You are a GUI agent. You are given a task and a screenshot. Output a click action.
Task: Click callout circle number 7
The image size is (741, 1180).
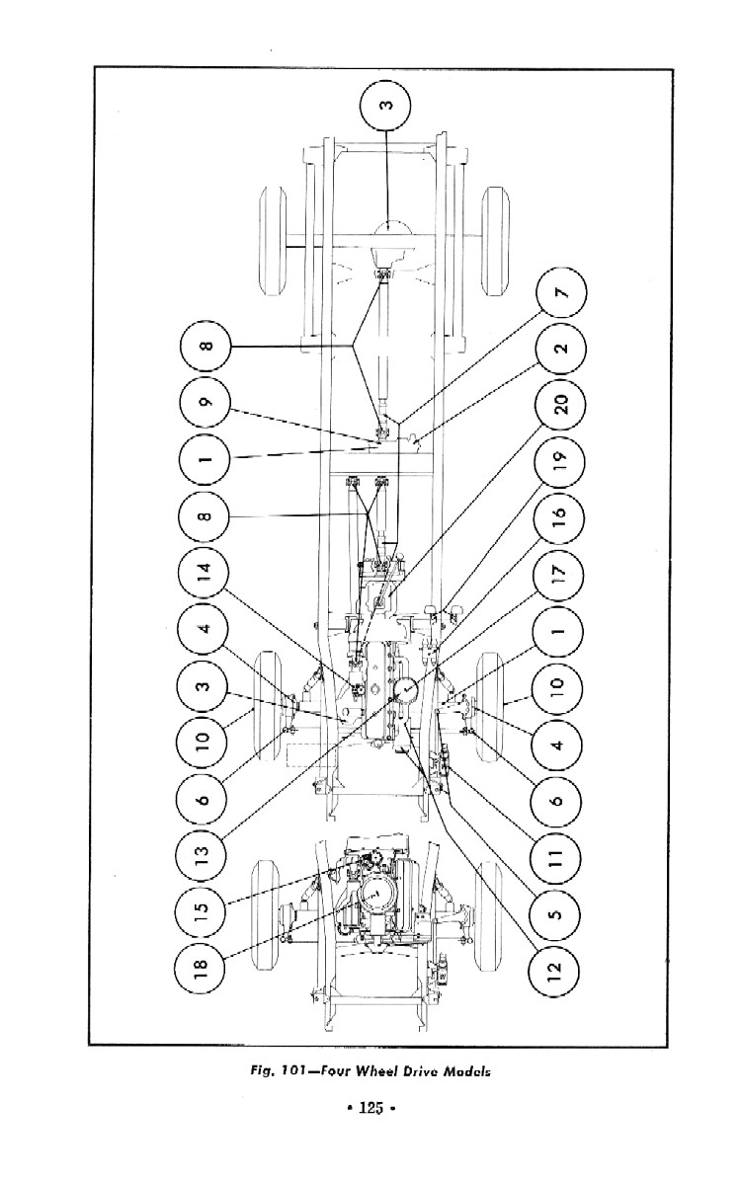(559, 293)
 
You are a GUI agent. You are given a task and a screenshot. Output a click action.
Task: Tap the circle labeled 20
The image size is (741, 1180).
(559, 403)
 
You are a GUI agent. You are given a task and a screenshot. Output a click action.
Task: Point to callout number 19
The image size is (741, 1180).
(559, 459)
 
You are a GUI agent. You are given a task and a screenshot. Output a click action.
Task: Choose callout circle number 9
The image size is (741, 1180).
(205, 404)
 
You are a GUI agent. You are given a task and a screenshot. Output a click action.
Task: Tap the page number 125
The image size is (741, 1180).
(370, 1109)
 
